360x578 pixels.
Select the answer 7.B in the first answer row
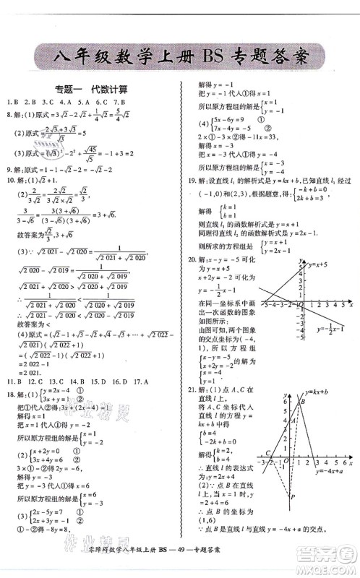coord(120,102)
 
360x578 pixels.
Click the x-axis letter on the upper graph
coord(350,304)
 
